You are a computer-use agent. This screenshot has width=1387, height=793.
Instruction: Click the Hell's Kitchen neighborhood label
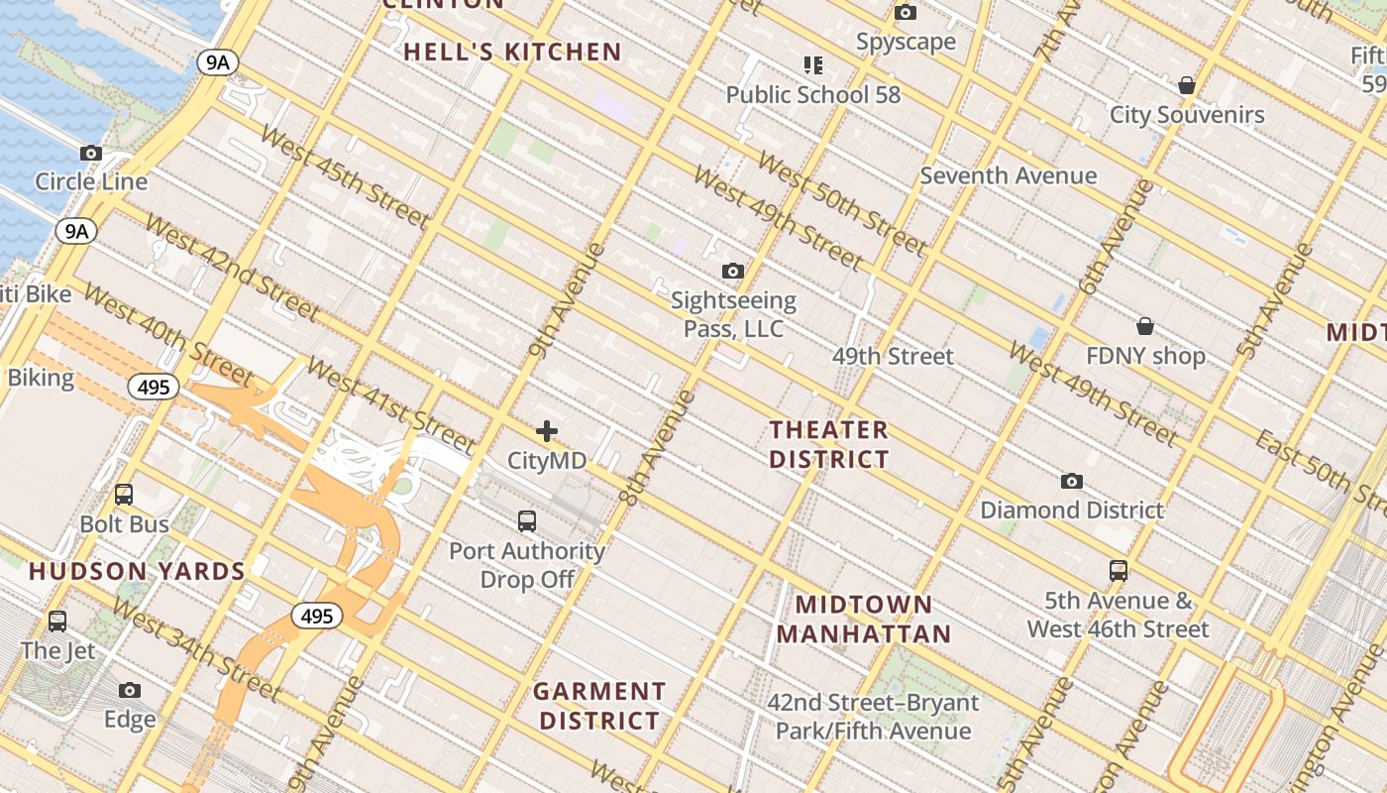(512, 53)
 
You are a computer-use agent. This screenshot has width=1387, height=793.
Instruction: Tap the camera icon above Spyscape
(906, 13)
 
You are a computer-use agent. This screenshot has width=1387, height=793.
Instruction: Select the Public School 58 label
(813, 94)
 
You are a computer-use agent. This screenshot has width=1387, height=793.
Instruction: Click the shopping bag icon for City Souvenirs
(1187, 86)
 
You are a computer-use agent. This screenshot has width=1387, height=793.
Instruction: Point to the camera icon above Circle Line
(91, 153)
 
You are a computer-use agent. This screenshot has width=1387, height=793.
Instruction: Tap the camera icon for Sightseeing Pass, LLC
(733, 271)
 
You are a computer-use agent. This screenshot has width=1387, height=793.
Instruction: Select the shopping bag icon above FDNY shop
(1145, 326)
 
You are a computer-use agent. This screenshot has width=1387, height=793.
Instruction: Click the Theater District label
(829, 444)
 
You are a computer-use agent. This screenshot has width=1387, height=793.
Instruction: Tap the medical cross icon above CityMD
(547, 431)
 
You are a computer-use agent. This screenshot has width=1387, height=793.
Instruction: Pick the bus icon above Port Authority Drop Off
(527, 520)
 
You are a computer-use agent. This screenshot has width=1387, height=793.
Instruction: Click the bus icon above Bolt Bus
(124, 494)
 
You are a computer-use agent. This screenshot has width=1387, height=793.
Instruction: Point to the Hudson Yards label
(137, 571)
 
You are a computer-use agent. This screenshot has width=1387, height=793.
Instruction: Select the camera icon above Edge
(130, 690)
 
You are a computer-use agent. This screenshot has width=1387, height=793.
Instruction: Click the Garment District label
(599, 706)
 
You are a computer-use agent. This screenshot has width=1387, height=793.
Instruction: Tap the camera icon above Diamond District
(1072, 481)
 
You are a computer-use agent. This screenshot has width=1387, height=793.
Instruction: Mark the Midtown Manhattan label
(863, 619)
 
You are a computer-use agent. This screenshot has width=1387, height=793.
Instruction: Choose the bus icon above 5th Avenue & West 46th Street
(1119, 570)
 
